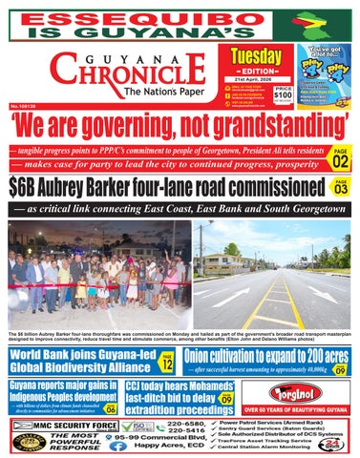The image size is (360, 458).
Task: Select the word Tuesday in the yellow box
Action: pos(259,55)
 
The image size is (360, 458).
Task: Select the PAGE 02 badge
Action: pos(340,154)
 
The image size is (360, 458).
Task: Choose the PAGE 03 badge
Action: pos(340,187)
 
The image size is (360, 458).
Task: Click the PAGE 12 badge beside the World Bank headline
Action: pos(167,361)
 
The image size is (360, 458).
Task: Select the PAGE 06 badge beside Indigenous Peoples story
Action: pos(112,407)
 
